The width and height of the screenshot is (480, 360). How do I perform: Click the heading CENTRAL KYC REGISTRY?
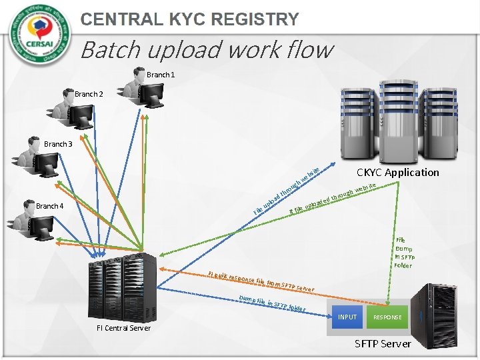click(x=189, y=19)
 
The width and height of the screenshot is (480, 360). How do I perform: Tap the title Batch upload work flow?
click(x=206, y=49)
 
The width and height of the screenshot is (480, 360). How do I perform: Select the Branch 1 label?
click(x=161, y=75)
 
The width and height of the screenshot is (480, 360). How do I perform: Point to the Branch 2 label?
click(x=89, y=95)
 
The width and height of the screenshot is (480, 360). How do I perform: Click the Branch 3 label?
click(x=58, y=144)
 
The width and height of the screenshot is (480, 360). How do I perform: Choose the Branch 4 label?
click(x=50, y=206)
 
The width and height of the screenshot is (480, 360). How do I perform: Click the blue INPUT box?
click(x=347, y=317)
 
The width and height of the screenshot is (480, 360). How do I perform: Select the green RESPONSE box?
click(x=387, y=317)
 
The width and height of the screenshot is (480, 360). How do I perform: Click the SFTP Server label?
click(x=383, y=343)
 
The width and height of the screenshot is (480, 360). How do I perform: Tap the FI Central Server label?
click(x=123, y=328)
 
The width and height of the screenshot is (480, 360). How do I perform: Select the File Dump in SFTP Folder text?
click(x=403, y=253)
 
